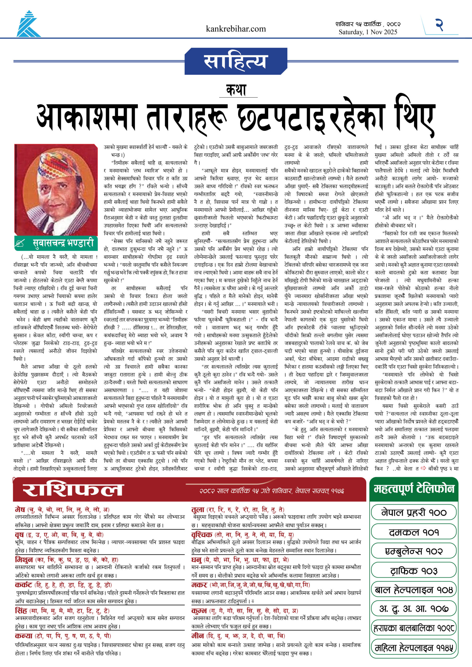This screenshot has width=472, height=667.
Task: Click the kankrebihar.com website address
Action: (x=235, y=29)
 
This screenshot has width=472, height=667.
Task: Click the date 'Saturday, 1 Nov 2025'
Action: (x=368, y=32)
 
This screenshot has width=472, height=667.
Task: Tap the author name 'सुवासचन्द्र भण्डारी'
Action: (x=63, y=243)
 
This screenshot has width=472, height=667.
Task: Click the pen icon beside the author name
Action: (x=20, y=243)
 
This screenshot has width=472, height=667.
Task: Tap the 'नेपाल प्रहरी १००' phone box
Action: (x=414, y=512)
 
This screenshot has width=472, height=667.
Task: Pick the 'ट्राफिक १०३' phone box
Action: (x=414, y=571)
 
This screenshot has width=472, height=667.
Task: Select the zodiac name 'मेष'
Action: (x=20, y=509)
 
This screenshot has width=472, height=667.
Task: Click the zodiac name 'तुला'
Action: (x=198, y=509)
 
